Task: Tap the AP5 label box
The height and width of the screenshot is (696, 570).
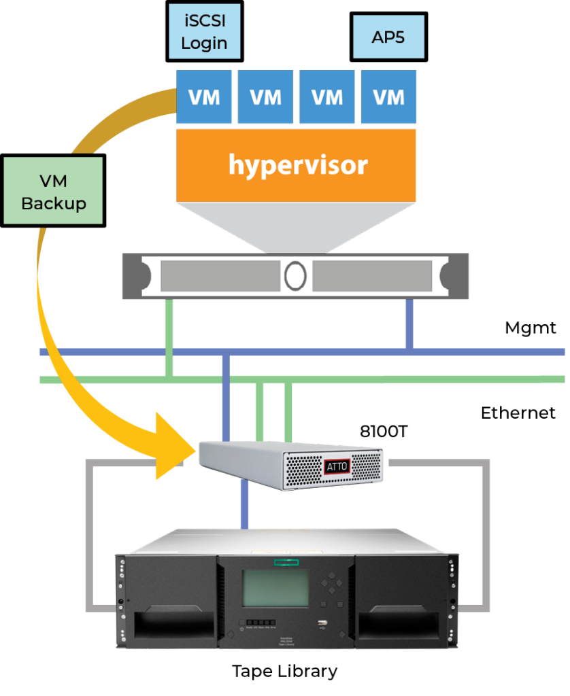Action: pyautogui.click(x=388, y=37)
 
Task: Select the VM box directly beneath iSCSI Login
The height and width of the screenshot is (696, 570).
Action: pyautogui.click(x=204, y=97)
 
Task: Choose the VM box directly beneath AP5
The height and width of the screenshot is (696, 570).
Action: pyautogui.click(x=388, y=97)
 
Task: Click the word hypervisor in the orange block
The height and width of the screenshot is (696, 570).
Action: pyautogui.click(x=297, y=164)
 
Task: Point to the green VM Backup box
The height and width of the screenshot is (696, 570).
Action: pyautogui.click(x=53, y=191)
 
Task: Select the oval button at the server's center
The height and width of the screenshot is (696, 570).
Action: pyautogui.click(x=295, y=276)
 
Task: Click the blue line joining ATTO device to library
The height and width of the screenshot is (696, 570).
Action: pyautogui.click(x=245, y=506)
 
